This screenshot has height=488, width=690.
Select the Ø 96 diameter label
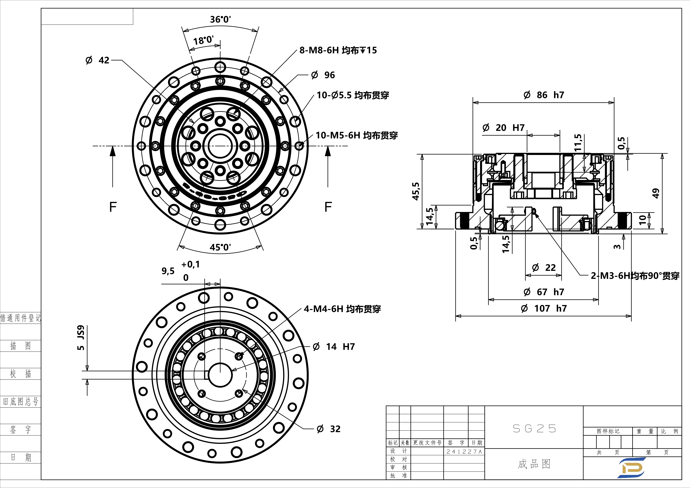(x=323, y=75)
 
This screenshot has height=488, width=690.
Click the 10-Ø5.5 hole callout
(x=353, y=95)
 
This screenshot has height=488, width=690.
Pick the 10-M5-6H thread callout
(x=356, y=135)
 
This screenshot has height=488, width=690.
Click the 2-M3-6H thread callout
(x=635, y=276)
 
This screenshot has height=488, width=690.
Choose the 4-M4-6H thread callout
(x=342, y=309)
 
